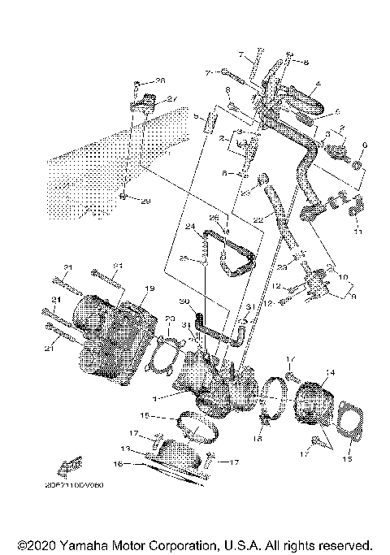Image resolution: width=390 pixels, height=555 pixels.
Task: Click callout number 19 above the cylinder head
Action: pos(149,288)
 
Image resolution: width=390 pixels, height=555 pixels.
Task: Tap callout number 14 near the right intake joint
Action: pos(329,373)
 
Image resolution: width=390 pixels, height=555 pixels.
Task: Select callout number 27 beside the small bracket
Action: pos(172,99)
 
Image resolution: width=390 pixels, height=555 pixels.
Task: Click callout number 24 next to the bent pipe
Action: pos(189,228)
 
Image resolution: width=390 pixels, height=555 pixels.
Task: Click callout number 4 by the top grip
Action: pos(318,83)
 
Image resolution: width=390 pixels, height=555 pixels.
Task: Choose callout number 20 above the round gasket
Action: pos(171,319)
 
